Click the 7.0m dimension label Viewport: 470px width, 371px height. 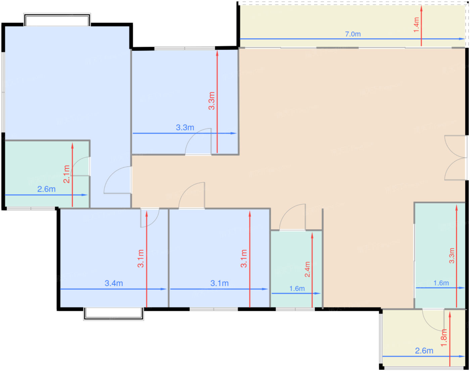point(353,34)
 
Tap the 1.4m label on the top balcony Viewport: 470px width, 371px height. point(416,25)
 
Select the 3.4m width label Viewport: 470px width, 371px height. point(114,283)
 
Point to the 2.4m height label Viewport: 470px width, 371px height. point(307,269)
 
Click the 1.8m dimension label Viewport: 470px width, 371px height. point(444,338)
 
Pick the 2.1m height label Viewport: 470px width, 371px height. point(66,174)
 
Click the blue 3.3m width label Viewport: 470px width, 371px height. point(185,127)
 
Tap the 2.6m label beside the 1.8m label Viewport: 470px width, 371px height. point(424,351)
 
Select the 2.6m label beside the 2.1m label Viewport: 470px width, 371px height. point(47,189)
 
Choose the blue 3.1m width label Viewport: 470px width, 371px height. point(220,283)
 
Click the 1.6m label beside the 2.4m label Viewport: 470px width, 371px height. point(297,289)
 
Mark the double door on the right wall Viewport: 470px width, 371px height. point(456,158)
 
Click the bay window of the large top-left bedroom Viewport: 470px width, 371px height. point(57,20)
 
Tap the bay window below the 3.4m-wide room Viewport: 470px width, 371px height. point(113,314)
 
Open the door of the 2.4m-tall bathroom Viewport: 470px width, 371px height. point(292,217)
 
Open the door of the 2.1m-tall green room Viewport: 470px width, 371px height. point(80,166)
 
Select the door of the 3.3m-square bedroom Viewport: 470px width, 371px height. point(198,142)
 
